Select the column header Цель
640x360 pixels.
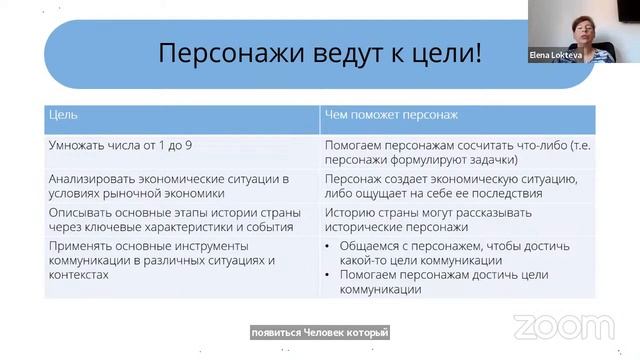click(x=63, y=115)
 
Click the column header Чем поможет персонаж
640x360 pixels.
click(x=391, y=115)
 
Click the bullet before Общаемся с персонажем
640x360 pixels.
click(x=329, y=246)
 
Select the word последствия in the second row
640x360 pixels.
click(x=501, y=193)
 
